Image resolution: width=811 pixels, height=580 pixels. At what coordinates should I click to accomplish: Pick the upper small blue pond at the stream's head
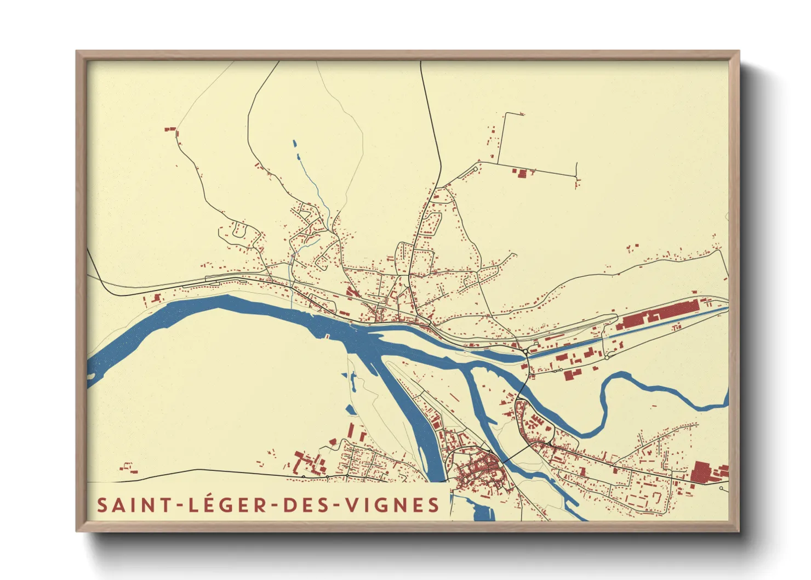coord(294,144)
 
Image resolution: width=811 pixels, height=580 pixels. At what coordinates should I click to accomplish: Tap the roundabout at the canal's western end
coord(525,351)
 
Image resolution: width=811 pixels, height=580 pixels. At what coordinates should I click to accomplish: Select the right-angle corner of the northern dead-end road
coord(505,114)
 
